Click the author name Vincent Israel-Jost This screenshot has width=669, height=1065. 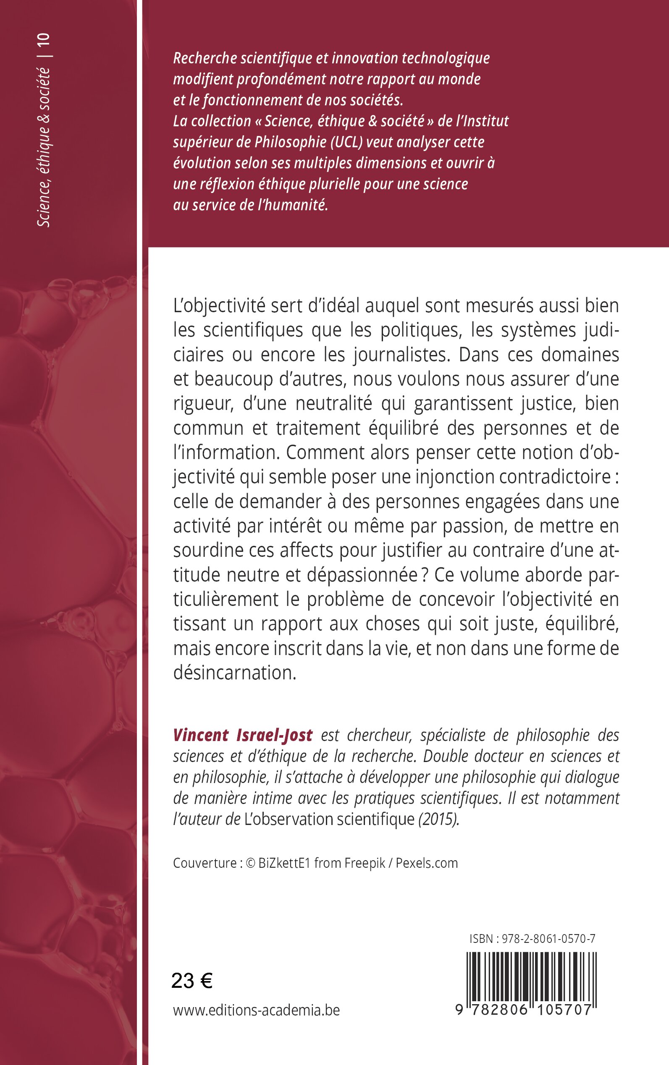(242, 735)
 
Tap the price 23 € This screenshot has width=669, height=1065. (192, 981)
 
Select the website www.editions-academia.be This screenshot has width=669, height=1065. (256, 1010)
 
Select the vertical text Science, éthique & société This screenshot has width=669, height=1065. (44, 147)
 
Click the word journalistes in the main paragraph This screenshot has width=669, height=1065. (400, 355)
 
